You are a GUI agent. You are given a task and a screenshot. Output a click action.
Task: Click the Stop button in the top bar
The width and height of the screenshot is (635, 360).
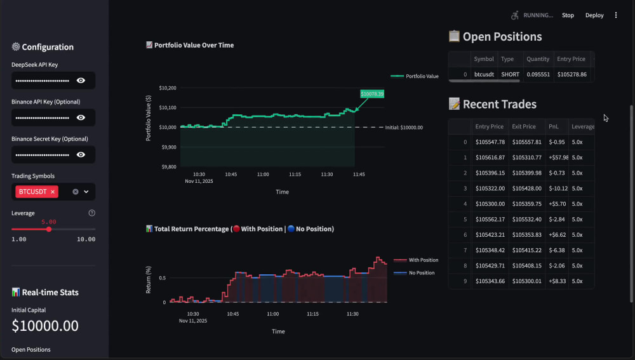point(568,15)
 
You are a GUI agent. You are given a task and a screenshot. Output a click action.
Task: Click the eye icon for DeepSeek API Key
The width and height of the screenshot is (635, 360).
point(81,81)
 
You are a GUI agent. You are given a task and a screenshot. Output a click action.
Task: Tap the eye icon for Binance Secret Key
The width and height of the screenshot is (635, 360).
point(81,155)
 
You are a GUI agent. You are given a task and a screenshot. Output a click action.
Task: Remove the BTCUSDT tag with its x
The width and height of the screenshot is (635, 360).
point(53,192)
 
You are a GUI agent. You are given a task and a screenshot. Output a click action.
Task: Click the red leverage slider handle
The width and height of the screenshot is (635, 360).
point(49,229)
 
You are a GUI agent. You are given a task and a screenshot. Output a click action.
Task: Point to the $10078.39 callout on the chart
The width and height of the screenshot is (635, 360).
point(372,94)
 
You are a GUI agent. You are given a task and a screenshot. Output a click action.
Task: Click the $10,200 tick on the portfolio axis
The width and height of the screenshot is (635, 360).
point(168,88)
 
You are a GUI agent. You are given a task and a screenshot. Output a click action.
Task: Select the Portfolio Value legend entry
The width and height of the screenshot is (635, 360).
point(415,76)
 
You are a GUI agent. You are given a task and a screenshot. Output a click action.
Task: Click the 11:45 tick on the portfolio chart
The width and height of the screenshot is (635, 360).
point(359,175)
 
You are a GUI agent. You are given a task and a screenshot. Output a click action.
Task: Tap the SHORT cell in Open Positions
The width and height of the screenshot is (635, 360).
point(511,74)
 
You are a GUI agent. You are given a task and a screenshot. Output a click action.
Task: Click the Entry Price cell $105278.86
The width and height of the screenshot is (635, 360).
point(572,74)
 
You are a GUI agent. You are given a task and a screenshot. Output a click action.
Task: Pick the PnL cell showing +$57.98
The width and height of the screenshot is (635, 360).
point(558,157)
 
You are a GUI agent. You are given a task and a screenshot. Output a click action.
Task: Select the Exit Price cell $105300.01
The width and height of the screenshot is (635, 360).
point(527,281)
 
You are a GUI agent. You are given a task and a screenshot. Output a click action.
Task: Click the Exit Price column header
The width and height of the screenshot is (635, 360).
point(524,127)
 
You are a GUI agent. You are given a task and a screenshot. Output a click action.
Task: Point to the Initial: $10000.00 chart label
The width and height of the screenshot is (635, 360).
point(404,128)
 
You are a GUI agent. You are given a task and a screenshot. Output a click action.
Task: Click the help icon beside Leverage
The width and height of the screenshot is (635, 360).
point(92,213)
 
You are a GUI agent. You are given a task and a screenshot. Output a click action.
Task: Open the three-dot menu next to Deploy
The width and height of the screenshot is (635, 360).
point(616,15)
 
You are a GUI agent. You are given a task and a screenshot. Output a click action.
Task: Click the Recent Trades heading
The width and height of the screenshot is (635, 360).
point(500,104)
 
